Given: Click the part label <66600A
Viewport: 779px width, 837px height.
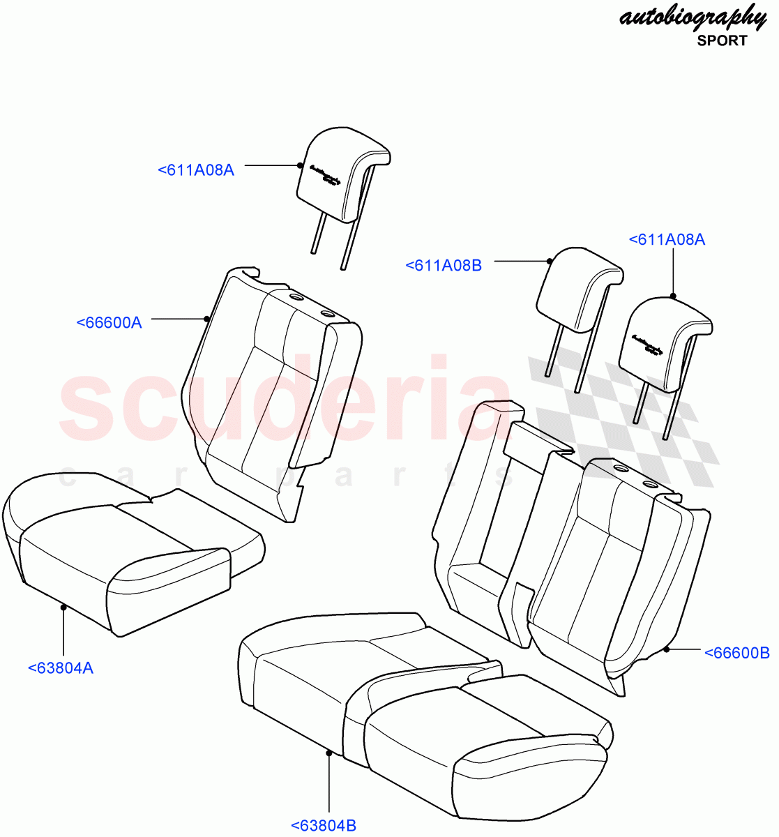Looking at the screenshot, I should (x=109, y=322).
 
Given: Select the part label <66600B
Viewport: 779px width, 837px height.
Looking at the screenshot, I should (x=736, y=653).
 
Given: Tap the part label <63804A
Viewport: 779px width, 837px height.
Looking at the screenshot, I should (x=61, y=668).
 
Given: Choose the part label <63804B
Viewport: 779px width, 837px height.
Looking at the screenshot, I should (x=324, y=826).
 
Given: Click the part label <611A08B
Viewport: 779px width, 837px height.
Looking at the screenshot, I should (x=444, y=265).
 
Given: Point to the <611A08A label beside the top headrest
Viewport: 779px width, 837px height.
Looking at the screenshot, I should (x=196, y=169).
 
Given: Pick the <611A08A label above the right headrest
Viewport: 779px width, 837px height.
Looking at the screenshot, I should (x=667, y=239).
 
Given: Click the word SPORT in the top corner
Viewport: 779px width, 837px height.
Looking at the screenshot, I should (x=722, y=40).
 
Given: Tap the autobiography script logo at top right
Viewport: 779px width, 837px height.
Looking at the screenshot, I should (x=692, y=17).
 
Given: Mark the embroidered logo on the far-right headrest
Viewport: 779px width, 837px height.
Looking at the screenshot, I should (x=646, y=346).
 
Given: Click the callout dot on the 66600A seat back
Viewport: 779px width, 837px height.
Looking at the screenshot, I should (x=207, y=319).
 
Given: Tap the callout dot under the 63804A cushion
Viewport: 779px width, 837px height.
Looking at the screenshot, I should (x=63, y=607).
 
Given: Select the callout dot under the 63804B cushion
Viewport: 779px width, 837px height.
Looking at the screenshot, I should (x=328, y=752).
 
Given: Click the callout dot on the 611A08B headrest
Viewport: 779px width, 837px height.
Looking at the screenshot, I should (x=550, y=262).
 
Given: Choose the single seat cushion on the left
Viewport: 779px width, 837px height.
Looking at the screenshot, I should (x=126, y=551).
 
